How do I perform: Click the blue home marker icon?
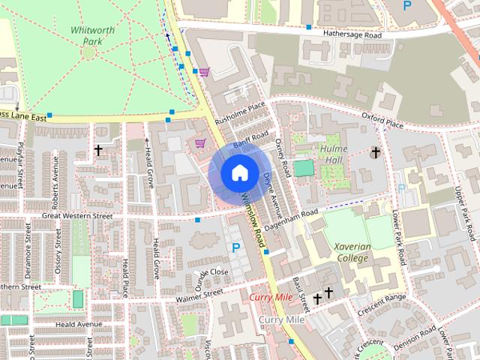click(x=238, y=172)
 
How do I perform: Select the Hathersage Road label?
click(x=352, y=35)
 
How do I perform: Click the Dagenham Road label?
click(x=293, y=218)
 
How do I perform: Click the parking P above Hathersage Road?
click(x=407, y=5)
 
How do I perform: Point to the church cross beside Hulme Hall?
click(x=375, y=152)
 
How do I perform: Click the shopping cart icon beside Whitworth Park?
click(x=204, y=72)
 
